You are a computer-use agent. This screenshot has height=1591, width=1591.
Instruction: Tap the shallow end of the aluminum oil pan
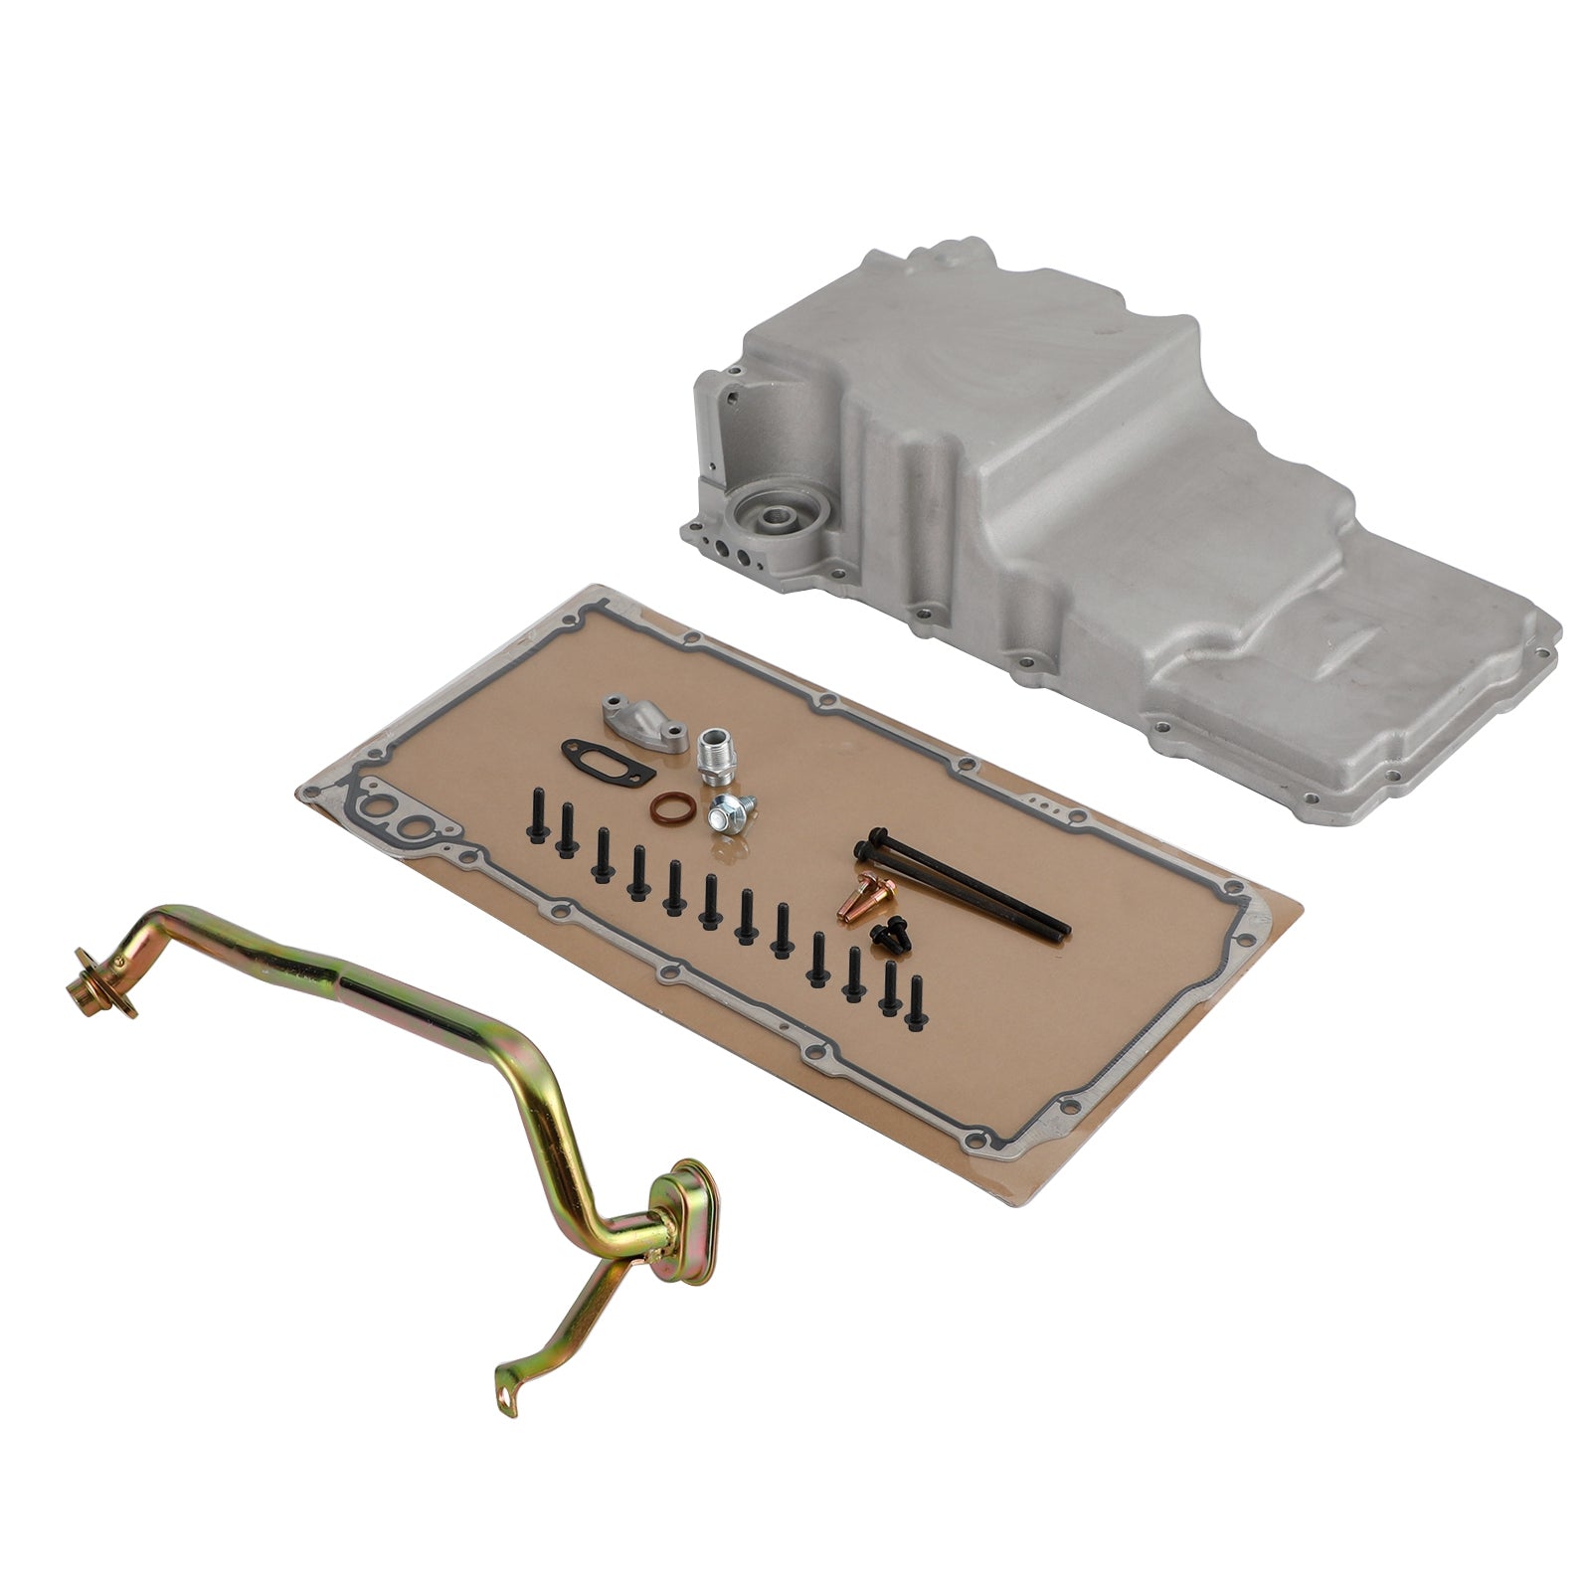1392,686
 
